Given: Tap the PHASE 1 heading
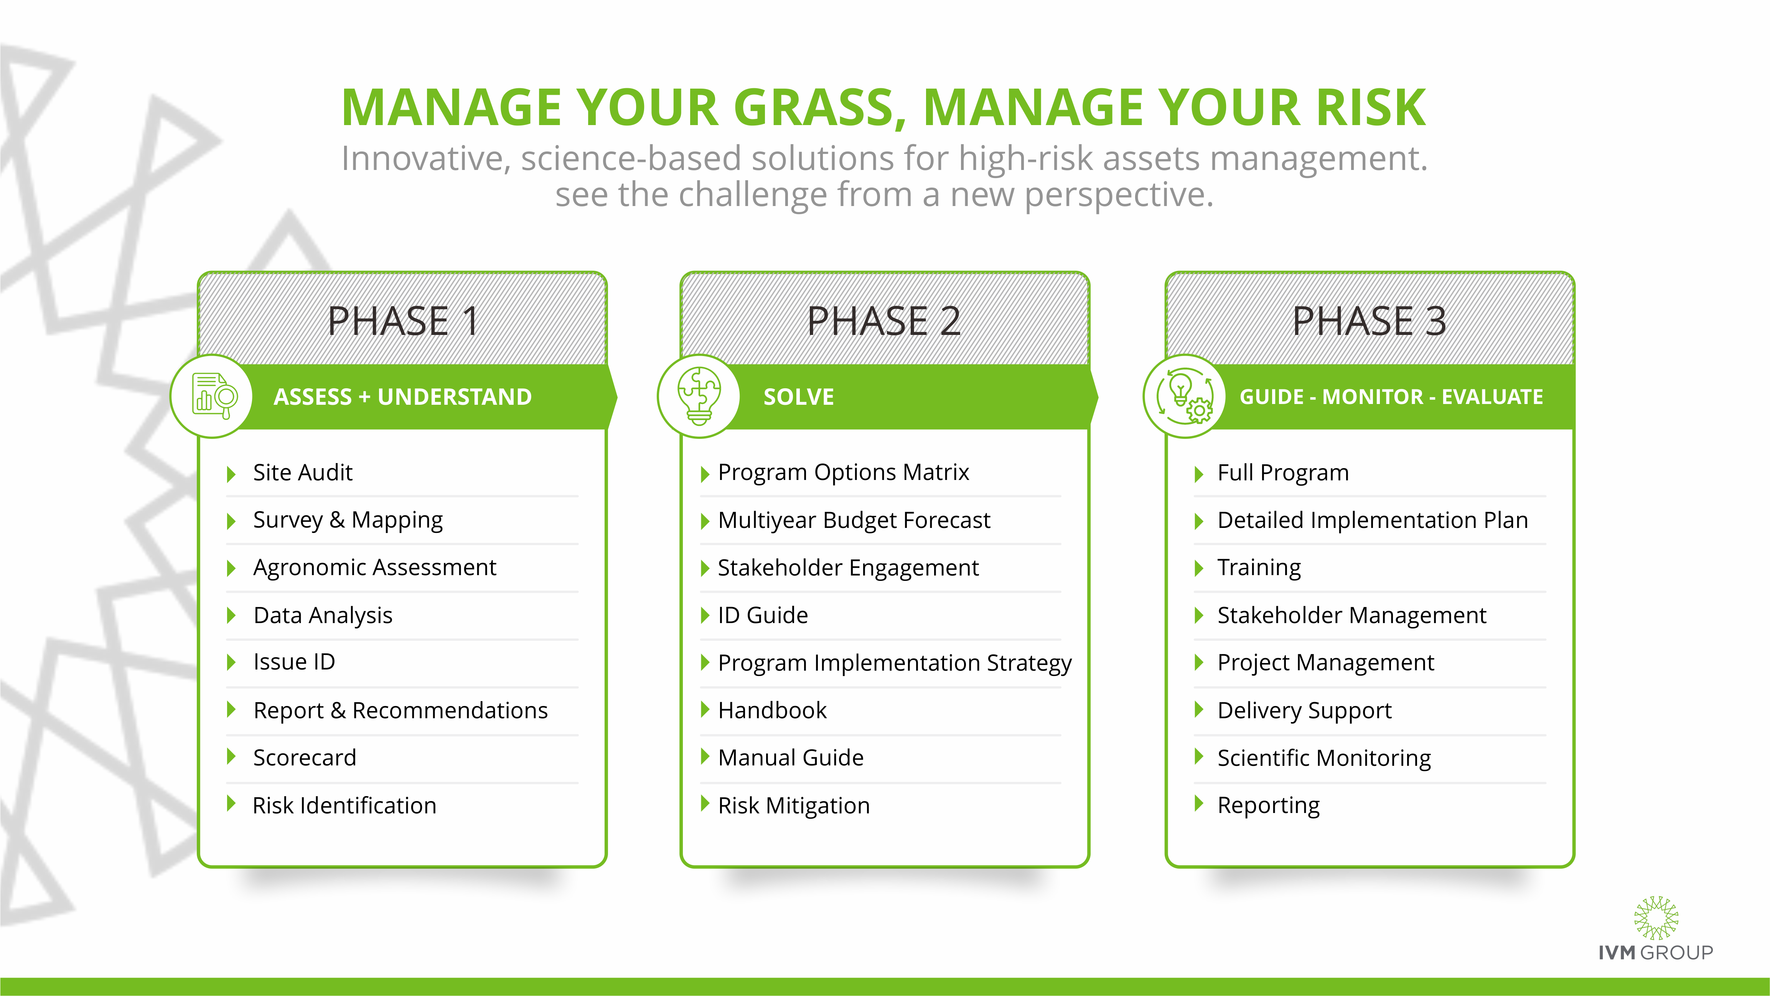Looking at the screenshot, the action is click(403, 321).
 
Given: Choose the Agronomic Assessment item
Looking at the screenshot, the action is click(374, 568).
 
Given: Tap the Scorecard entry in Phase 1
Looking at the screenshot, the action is click(304, 757).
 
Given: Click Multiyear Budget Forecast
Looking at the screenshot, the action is click(854, 520).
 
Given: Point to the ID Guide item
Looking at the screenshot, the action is click(763, 615).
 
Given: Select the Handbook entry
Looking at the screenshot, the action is click(772, 710).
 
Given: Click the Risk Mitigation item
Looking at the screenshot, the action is click(794, 806).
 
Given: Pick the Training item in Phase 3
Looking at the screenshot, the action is click(1259, 568).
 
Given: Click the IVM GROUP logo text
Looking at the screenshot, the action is click(1655, 953).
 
